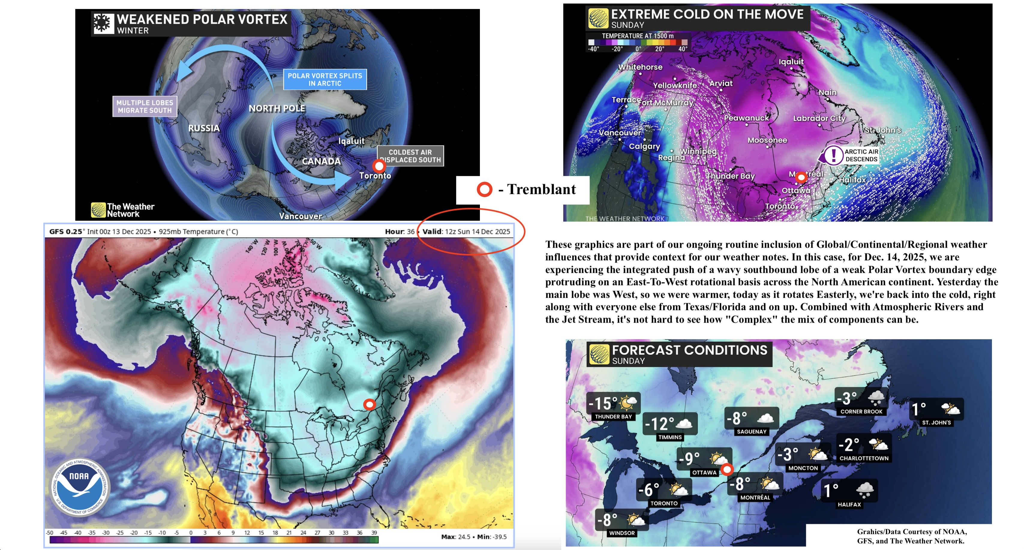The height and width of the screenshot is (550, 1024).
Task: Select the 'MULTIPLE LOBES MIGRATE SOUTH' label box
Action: click(x=145, y=106)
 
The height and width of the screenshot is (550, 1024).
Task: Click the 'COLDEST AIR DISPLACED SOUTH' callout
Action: click(x=410, y=156)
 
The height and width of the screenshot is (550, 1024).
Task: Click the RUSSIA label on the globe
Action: click(x=204, y=128)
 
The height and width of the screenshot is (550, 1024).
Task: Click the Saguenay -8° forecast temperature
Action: click(x=737, y=418)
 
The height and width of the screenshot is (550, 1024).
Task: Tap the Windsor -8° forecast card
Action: click(x=622, y=523)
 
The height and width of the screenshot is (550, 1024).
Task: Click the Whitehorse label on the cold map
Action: click(x=640, y=67)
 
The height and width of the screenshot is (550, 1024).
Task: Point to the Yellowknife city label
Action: click(x=675, y=85)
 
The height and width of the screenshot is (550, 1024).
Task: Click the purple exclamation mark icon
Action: click(x=833, y=155)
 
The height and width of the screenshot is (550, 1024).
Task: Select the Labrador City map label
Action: click(x=819, y=118)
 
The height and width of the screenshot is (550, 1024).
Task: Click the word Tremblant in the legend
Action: click(x=541, y=190)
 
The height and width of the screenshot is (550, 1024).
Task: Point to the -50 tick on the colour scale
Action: click(x=50, y=533)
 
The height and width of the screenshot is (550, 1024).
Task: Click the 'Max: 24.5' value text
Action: click(x=456, y=537)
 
